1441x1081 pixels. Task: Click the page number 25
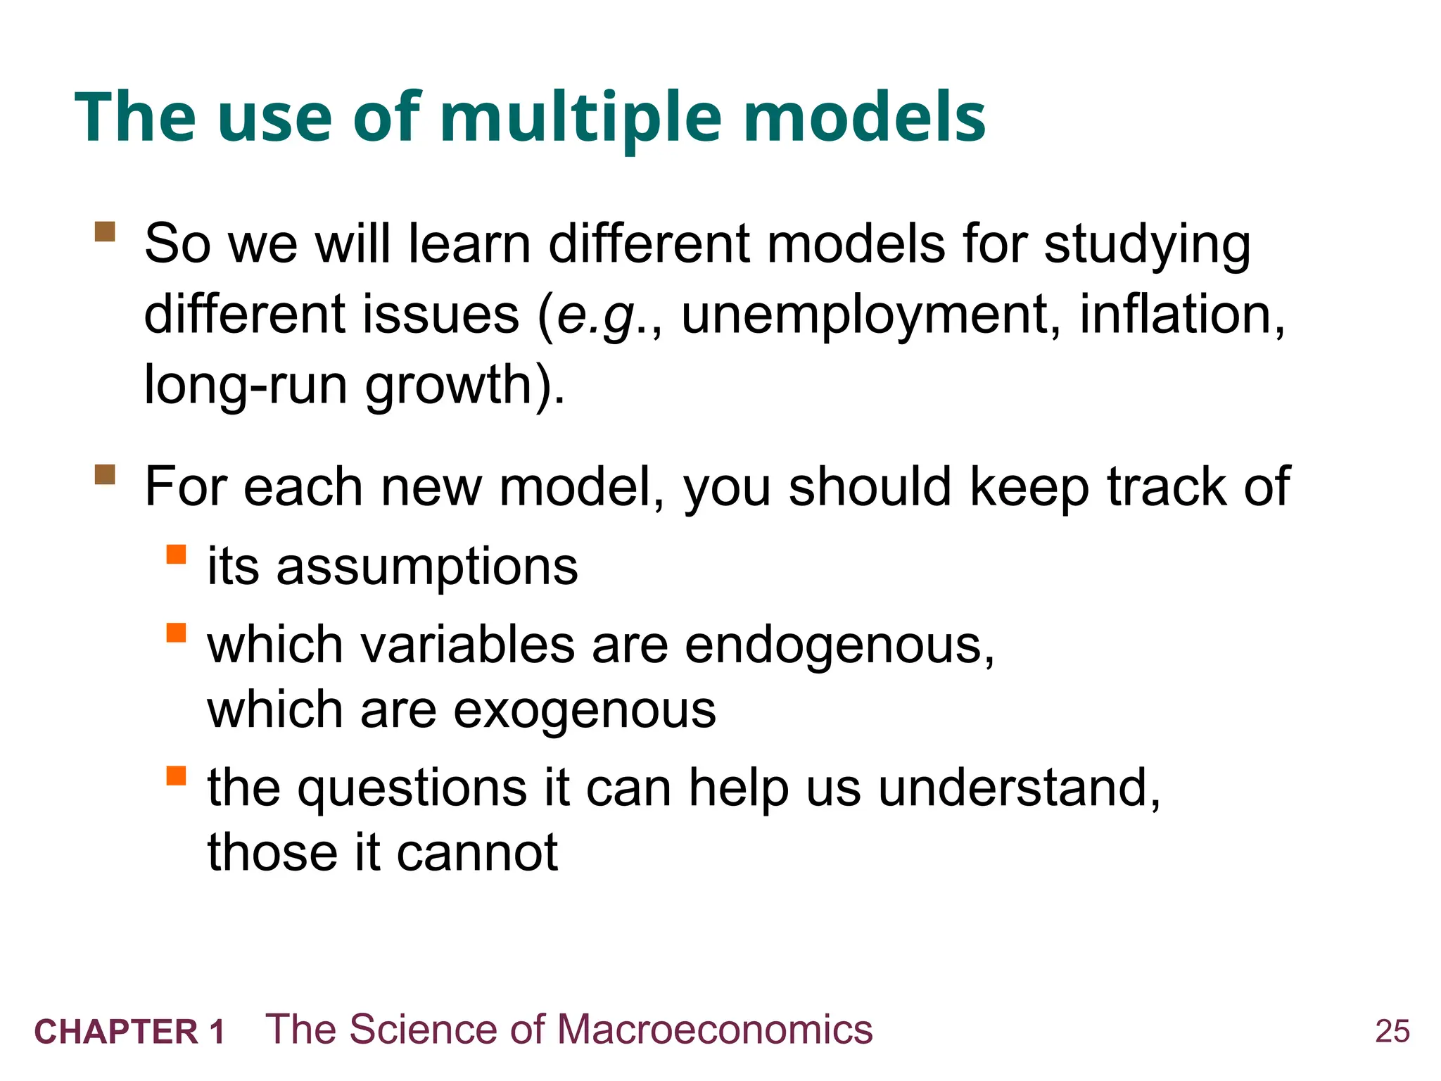pyautogui.click(x=1392, y=1031)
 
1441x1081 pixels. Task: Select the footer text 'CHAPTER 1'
pyautogui.click(x=130, y=1032)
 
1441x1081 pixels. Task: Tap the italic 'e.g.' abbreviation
pyautogui.click(x=600, y=316)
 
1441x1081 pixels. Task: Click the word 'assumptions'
pyautogui.click(x=427, y=567)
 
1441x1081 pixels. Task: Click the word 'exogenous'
pyautogui.click(x=584, y=710)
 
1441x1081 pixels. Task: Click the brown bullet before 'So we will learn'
pyautogui.click(x=105, y=232)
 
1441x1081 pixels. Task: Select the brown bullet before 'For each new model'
pyautogui.click(x=105, y=474)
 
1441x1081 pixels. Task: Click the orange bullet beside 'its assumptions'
pyautogui.click(x=176, y=555)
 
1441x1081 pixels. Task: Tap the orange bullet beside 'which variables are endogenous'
pyautogui.click(x=176, y=633)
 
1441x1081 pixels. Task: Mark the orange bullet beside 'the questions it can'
pyautogui.click(x=176, y=776)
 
